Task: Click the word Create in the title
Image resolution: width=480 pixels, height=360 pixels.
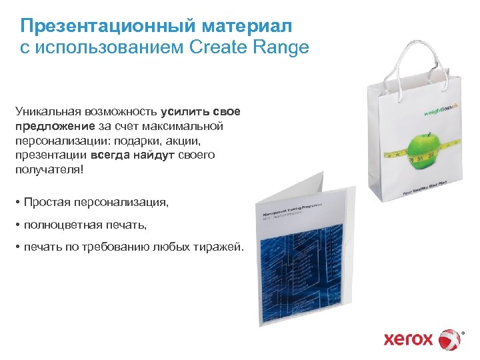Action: click(x=213, y=48)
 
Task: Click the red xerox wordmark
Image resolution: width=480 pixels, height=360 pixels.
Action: click(x=409, y=339)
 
